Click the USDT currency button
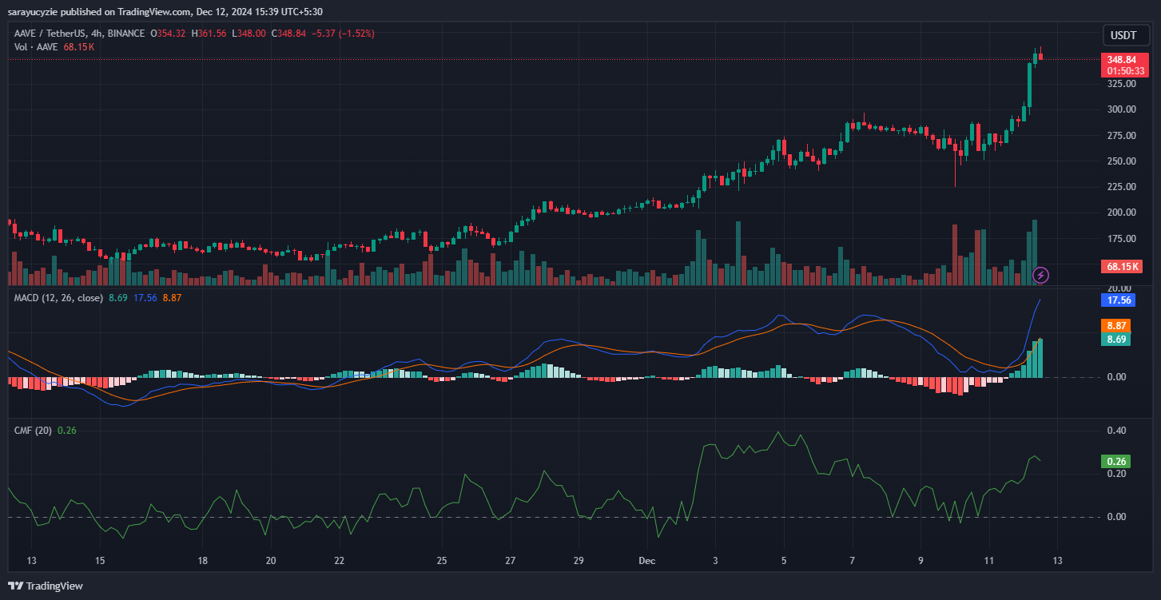pyautogui.click(x=1124, y=35)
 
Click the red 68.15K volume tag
pyautogui.click(x=1123, y=266)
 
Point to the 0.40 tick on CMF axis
pyautogui.click(x=1116, y=431)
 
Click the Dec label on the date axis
pyautogui.click(x=648, y=560)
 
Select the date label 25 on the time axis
pyautogui.click(x=442, y=560)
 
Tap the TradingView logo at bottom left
pyautogui.click(x=46, y=586)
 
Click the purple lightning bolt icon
pyautogui.click(x=1040, y=275)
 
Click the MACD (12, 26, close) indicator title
pyautogui.click(x=58, y=298)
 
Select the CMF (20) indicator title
pyautogui.click(x=33, y=431)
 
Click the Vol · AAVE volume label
pyautogui.click(x=36, y=47)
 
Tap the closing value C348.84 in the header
pyautogui.click(x=295, y=34)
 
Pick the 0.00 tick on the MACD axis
pyautogui.click(x=1116, y=377)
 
